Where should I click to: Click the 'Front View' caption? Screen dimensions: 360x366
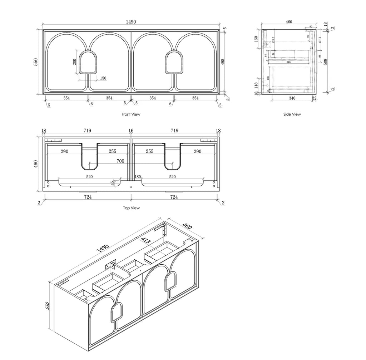point(131,115)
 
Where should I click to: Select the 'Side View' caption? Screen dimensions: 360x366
point(292,114)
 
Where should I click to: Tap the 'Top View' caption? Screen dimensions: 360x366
point(131,208)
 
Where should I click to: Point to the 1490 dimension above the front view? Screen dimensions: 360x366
point(131,22)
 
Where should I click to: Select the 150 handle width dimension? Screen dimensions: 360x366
point(103,78)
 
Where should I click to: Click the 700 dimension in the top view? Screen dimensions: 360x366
point(120,161)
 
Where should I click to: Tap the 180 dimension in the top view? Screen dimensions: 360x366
point(138,177)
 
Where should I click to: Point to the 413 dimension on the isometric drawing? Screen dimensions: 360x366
point(145,241)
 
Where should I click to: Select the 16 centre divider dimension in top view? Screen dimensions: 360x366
point(131,131)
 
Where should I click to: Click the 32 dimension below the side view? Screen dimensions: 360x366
point(314,98)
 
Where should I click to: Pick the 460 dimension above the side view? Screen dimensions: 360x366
point(289,22)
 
